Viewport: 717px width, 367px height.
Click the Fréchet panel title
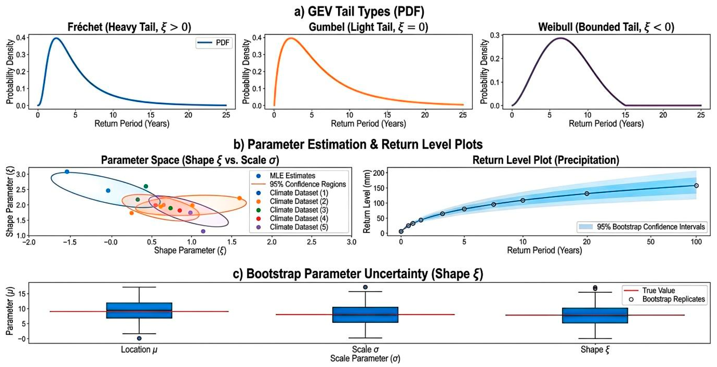129,27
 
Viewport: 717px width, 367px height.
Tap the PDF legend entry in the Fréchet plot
214,43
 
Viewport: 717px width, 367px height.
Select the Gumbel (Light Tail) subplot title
368,27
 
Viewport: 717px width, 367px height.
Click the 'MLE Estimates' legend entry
286,176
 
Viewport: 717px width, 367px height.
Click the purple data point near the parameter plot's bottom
203,231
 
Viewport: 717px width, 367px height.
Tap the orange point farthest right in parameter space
239,198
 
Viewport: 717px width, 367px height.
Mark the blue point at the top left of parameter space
67,172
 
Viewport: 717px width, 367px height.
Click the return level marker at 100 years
696,186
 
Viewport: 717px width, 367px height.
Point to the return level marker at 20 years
587,194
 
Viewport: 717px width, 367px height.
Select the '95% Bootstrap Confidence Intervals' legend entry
642,227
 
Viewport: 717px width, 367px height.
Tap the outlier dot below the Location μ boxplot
139,338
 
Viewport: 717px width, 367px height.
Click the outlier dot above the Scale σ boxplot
365,287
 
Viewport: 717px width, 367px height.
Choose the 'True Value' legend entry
650,290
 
